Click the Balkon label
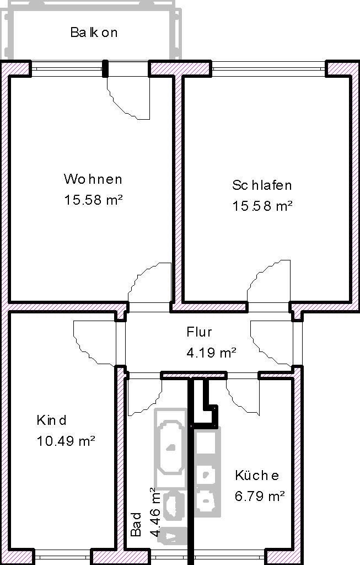[94, 33]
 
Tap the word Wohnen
[93, 179]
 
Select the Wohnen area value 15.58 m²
[93, 200]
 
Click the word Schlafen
[261, 185]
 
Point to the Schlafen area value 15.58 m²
[261, 206]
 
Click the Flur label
[199, 332]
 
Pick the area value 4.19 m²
[211, 353]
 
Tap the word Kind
[51, 420]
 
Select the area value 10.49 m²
[66, 441]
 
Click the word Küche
[256, 476]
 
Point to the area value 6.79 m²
[260, 496]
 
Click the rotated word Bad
[136, 525]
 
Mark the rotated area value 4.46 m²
[155, 512]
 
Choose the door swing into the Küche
[241, 395]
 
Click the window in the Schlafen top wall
[268, 68]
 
